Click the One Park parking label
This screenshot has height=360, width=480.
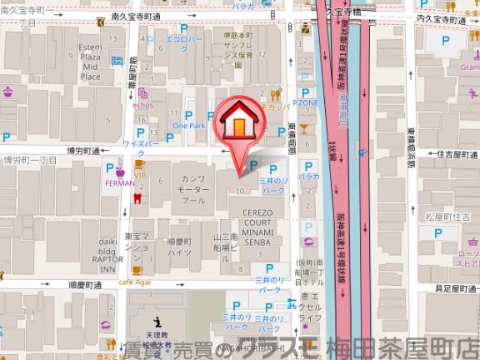pos(188,125)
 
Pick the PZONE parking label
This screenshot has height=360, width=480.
pos(305,102)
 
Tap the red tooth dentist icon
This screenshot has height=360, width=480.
pos(135,197)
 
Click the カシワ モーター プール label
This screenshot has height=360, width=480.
pos(192,189)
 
